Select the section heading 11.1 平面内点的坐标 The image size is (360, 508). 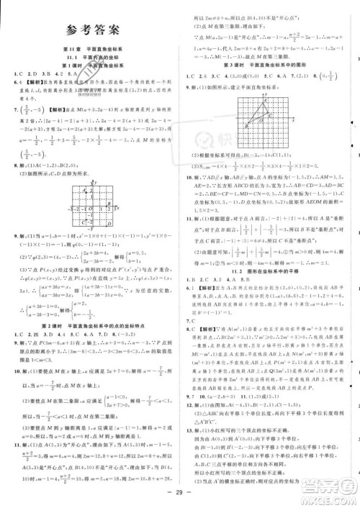coord(94,57)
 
